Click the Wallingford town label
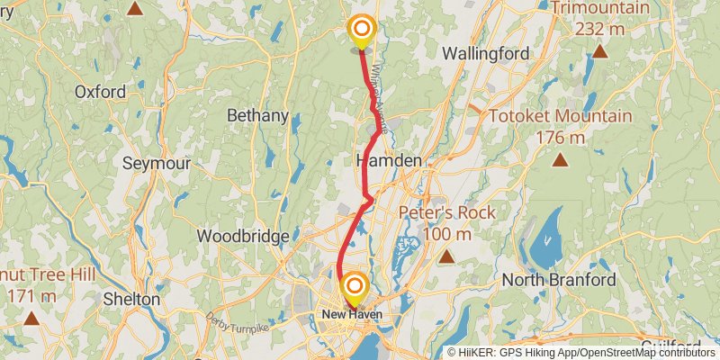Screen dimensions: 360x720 click(x=486, y=54)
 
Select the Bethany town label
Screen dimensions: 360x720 click(x=257, y=115)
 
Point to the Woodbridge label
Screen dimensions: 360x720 click(x=243, y=236)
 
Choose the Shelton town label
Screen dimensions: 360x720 click(x=131, y=299)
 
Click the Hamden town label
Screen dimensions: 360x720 click(x=389, y=160)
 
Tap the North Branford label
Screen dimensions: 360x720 click(x=559, y=280)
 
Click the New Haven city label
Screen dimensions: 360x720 click(x=353, y=314)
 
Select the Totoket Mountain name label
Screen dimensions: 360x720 click(x=560, y=115)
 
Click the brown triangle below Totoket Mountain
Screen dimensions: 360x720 click(x=560, y=161)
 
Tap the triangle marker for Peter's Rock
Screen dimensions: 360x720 click(x=446, y=257)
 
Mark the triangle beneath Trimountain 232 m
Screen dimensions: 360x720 click(x=599, y=51)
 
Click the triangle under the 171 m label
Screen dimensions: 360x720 click(x=31, y=318)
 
